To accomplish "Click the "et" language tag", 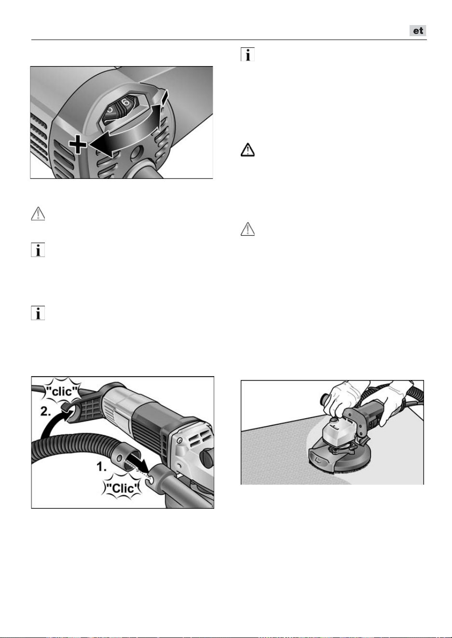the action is tap(418, 30).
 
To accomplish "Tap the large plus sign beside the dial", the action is tap(78, 144).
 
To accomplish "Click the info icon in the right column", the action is tap(247, 54).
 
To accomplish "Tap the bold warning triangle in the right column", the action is tap(247, 150).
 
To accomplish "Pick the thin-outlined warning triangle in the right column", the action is tap(247, 229).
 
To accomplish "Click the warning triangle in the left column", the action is tap(38, 214).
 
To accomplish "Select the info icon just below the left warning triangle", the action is tap(38, 250).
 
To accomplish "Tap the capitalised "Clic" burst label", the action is tap(123, 488).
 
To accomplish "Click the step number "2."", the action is tap(46, 411).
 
